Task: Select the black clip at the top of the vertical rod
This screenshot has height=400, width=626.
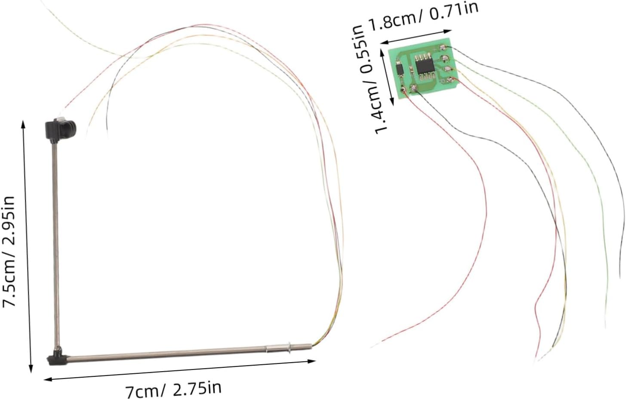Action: coord(60,129)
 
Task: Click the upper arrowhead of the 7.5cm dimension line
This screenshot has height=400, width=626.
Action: coord(23,124)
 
